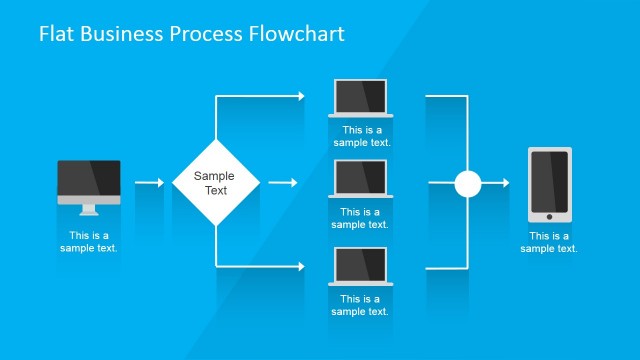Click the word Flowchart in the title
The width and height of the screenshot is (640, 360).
296,34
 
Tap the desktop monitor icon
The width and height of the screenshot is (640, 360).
88,183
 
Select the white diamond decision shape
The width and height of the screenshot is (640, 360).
216,183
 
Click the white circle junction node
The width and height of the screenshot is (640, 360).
467,183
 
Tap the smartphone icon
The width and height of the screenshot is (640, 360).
549,184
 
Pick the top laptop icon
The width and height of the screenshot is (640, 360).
361,98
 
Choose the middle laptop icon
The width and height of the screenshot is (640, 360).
361,180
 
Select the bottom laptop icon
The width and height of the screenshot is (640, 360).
361,267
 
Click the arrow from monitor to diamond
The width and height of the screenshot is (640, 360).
149,183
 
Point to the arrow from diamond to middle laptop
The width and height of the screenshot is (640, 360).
283,183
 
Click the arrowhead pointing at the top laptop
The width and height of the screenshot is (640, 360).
300,96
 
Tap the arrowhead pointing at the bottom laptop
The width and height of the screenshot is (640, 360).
300,266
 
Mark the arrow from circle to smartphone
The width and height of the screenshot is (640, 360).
497,183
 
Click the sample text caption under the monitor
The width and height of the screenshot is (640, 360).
88,242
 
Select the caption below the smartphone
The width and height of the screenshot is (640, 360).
549,242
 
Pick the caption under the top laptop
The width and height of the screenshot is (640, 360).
361,136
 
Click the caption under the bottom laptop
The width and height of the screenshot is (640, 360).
361,305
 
